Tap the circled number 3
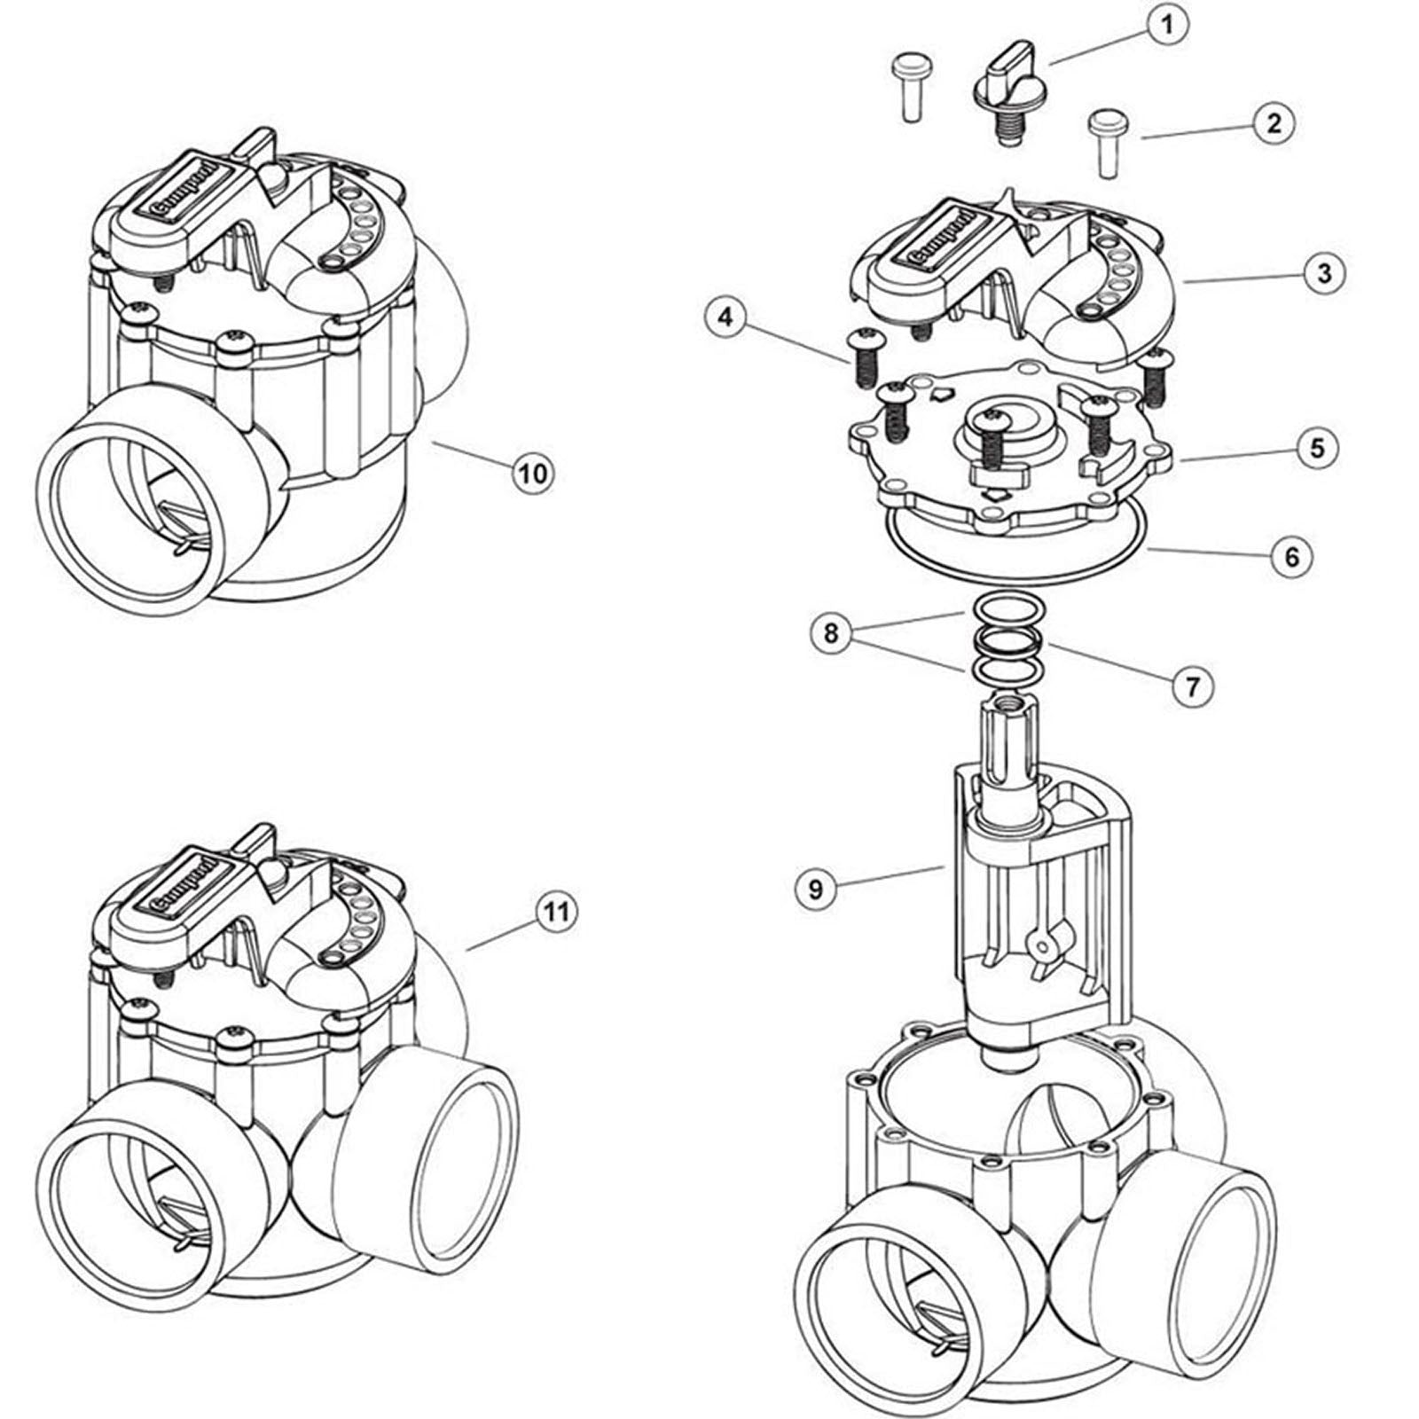(x=1324, y=273)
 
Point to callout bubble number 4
(x=726, y=318)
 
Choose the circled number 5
(x=1317, y=448)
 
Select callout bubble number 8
(x=831, y=633)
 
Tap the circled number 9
(x=816, y=889)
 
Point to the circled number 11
(x=555, y=913)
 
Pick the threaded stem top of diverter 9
(x=1008, y=705)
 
